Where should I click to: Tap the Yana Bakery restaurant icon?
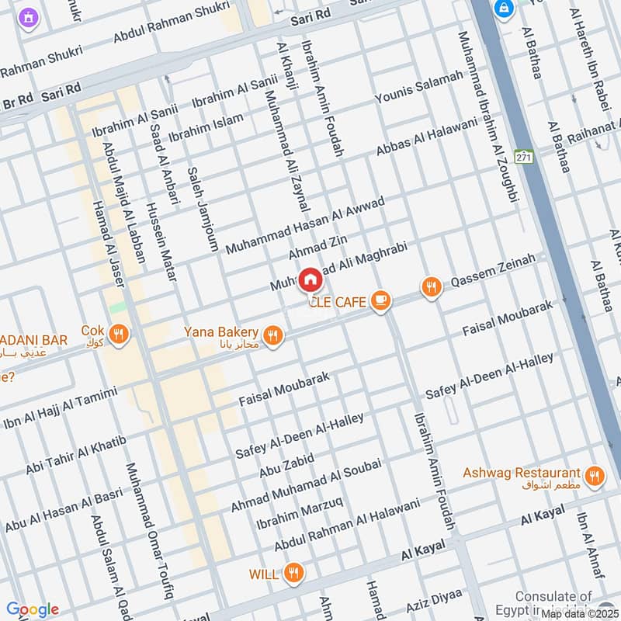pyautogui.click(x=272, y=335)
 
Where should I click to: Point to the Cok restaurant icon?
pyautogui.click(x=119, y=335)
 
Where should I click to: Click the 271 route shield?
pyautogui.click(x=526, y=156)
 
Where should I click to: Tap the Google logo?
pyautogui.click(x=32, y=609)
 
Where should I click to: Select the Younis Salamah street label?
pyautogui.click(x=418, y=87)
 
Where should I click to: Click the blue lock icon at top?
pyautogui.click(x=504, y=8)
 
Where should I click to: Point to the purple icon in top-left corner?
pyautogui.click(x=29, y=16)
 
